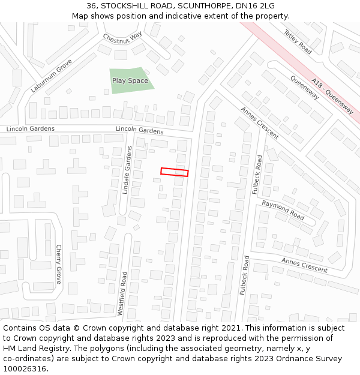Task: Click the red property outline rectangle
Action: [174, 172]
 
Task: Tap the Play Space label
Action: [130, 80]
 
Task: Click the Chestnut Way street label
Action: [122, 37]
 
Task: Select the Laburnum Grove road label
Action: [52, 76]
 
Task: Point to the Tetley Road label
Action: [298, 42]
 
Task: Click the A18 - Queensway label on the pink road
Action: [332, 97]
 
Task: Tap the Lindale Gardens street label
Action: [127, 170]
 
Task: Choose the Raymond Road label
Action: [283, 209]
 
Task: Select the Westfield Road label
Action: [124, 293]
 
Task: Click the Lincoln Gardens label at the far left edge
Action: [30, 129]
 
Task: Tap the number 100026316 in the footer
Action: [25, 369]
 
